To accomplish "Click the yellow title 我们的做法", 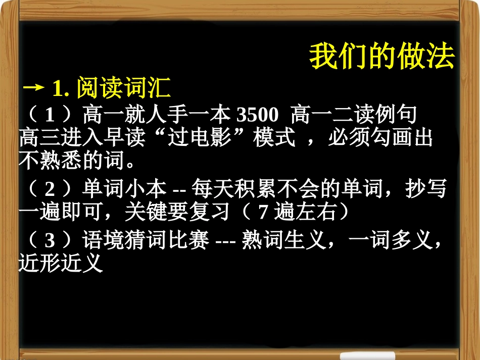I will click(x=382, y=57).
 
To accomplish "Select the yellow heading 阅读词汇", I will click(x=123, y=89).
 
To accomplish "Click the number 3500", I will click(x=258, y=116).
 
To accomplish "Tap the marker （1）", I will click(x=50, y=116).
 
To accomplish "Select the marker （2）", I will click(x=50, y=189).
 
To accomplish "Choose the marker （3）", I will click(x=50, y=241).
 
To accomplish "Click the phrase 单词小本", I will click(x=124, y=189).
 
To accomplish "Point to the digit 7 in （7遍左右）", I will click(x=262, y=213).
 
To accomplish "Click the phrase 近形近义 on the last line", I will click(x=61, y=264).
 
